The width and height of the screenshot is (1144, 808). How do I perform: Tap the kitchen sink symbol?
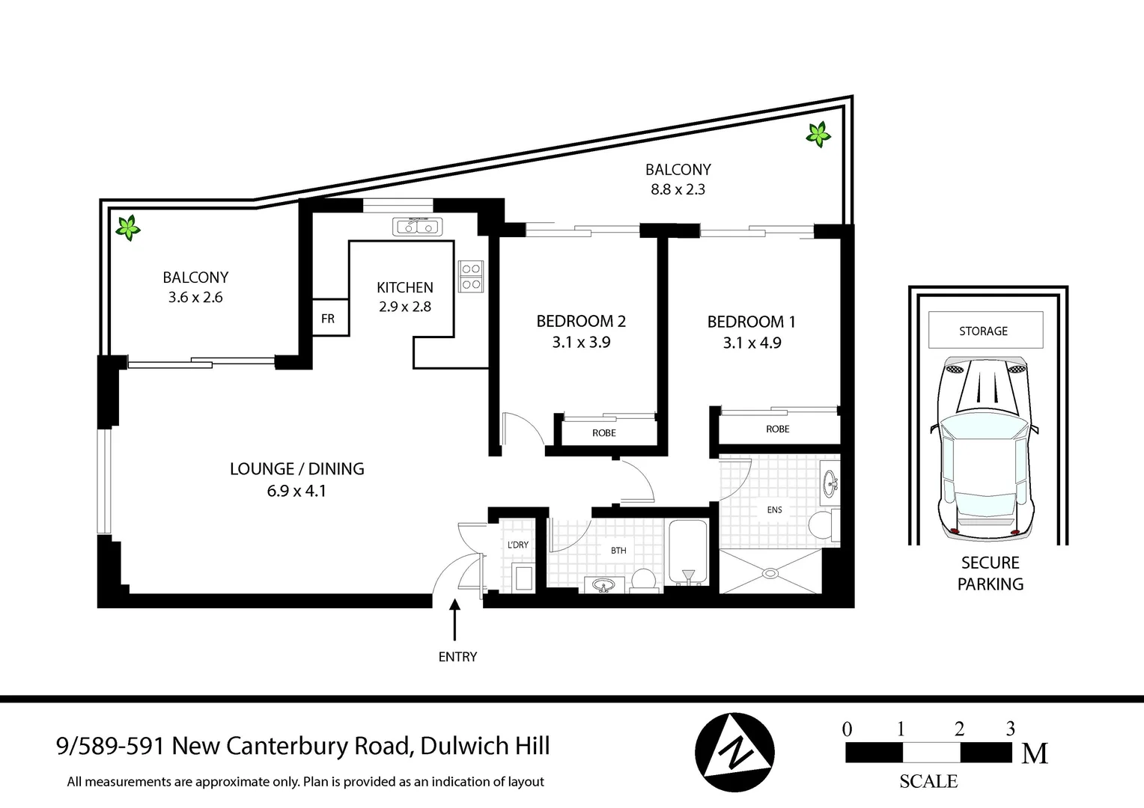[x=417, y=226]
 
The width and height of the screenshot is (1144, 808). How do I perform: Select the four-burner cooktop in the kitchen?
[x=471, y=276]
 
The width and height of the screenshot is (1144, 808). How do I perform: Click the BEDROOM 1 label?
[x=751, y=322]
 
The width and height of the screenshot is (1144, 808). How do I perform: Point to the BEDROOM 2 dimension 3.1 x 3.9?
[x=581, y=343]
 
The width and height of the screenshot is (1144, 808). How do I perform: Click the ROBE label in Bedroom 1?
[x=777, y=429]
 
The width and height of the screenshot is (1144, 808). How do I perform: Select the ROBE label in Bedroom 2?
[x=603, y=433]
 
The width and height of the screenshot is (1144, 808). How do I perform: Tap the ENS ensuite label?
[x=774, y=510]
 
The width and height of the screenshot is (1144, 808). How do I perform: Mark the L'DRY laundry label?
[x=517, y=545]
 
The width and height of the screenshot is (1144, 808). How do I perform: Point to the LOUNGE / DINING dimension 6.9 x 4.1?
[x=296, y=492]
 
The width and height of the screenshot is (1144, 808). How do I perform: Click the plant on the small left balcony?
[x=128, y=227]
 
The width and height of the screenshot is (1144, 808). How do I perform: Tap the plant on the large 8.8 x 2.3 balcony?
[x=818, y=135]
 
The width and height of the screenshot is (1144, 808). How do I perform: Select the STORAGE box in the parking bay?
[x=985, y=331]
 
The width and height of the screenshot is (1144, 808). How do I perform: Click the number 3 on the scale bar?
[x=1010, y=729]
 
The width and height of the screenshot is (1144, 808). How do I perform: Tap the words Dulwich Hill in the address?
[x=485, y=746]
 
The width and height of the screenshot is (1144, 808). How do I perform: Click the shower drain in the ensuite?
[x=770, y=574]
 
